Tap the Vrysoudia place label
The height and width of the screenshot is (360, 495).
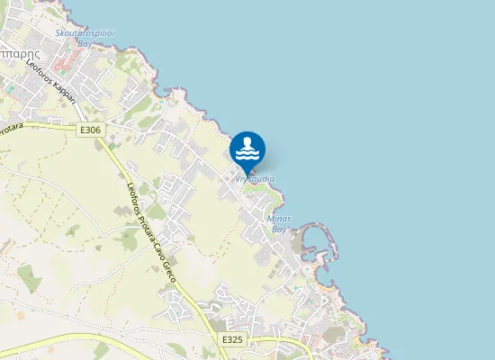[255, 179]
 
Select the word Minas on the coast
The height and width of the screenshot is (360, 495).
[279, 219]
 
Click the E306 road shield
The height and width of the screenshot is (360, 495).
[90, 130]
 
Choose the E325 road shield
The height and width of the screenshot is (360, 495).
[231, 339]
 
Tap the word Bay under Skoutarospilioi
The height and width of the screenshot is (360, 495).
[85, 42]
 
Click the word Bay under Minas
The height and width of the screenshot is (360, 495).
[279, 229]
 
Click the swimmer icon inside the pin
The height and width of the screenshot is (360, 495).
[247, 147]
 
